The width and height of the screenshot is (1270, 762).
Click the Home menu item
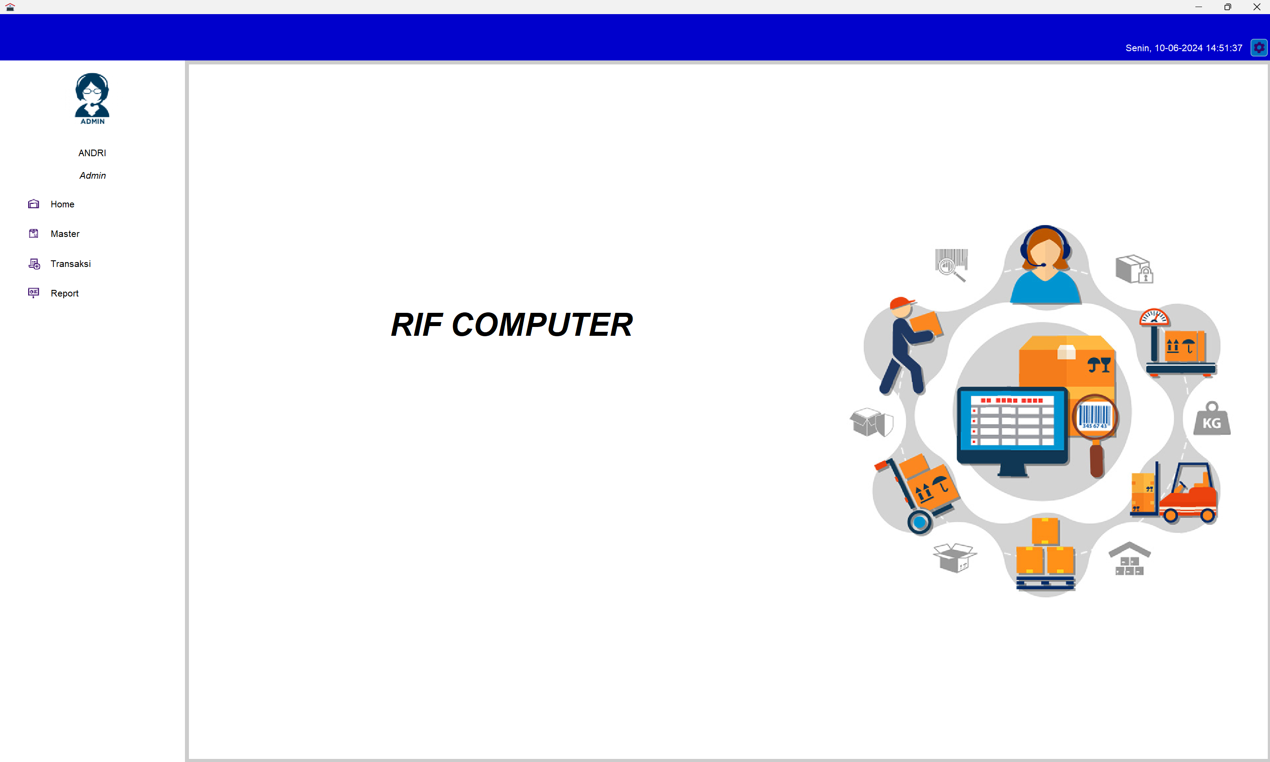[x=62, y=204]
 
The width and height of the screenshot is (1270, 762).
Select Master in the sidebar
[x=65, y=234]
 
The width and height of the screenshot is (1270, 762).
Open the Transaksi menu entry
[x=70, y=263]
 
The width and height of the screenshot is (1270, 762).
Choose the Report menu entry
[x=64, y=293]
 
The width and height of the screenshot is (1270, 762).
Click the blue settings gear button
[x=1259, y=48]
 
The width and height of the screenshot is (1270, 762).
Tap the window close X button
[x=1257, y=7]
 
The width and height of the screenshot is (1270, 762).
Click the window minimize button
[x=1198, y=7]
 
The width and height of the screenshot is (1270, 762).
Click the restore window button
[x=1227, y=7]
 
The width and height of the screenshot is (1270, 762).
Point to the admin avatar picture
[x=92, y=98]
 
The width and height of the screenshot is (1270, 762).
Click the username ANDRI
[x=92, y=153]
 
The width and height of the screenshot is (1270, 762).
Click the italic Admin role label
[x=92, y=176]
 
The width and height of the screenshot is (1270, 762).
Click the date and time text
[x=1184, y=48]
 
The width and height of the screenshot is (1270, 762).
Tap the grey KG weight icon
[x=1212, y=418]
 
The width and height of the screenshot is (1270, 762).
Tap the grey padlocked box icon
[x=1134, y=269]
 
